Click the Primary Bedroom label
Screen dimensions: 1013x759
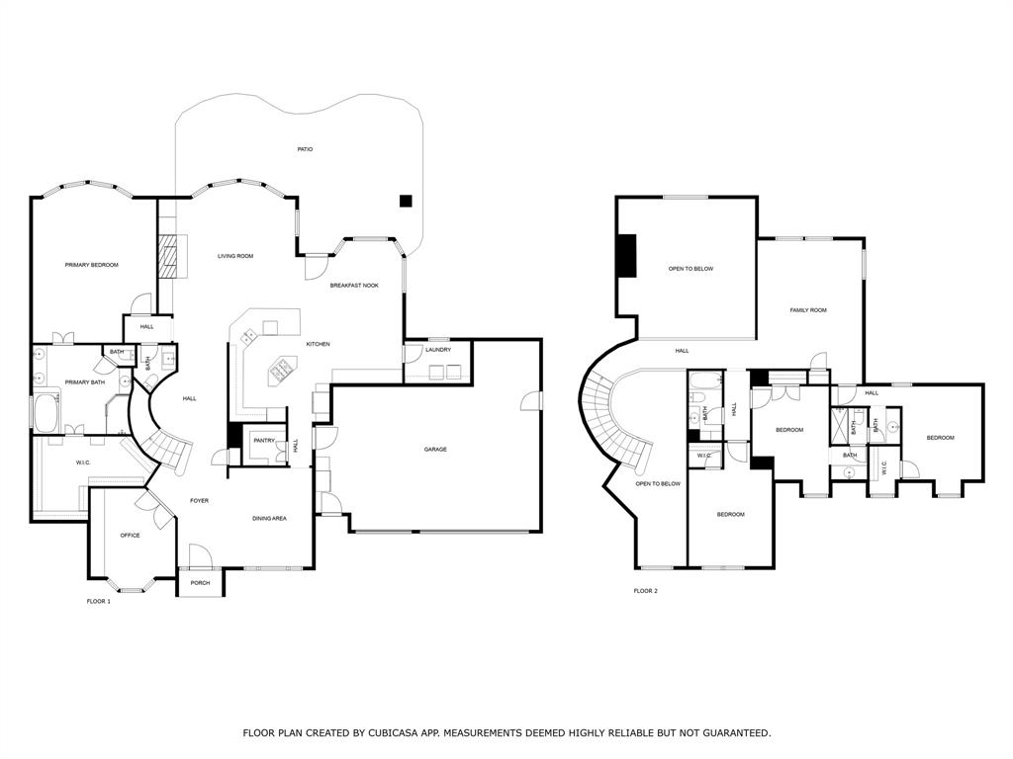coord(92,265)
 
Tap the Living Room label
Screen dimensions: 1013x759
coord(235,256)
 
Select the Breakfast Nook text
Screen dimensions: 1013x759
coord(354,286)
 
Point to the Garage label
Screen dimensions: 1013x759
coord(435,450)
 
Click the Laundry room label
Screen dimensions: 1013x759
coord(438,350)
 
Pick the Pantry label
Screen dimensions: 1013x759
coord(264,441)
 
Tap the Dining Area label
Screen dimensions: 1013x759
coord(269,518)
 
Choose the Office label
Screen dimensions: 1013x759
coord(130,535)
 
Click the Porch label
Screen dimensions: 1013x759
coord(200,583)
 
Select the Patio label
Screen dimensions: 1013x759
coord(305,149)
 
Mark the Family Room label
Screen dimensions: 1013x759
coord(808,310)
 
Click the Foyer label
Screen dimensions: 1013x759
coord(199,501)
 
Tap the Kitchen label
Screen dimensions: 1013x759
coord(318,344)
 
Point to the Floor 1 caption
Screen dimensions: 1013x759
coord(99,602)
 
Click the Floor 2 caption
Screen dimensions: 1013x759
coord(645,591)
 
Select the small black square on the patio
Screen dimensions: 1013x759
coord(405,201)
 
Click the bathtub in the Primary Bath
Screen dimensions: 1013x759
coord(46,414)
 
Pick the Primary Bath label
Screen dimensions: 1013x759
coord(85,382)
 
